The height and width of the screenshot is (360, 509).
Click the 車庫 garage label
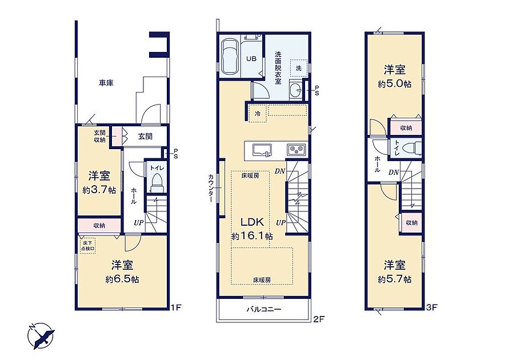106,83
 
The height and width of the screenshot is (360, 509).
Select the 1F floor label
175,307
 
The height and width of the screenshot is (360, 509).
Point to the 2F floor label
319,319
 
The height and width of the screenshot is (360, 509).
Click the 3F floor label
432,307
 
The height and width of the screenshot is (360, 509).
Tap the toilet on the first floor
157,183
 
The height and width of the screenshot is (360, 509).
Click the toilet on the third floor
411,149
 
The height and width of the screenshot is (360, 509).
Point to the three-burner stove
295,150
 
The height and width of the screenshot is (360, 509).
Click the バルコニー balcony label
263,309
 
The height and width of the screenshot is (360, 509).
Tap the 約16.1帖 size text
252,236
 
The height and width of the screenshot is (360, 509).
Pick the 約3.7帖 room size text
99,190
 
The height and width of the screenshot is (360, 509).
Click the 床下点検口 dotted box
87,246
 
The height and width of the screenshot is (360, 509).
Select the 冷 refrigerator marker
258,114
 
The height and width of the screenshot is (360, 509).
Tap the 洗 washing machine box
299,68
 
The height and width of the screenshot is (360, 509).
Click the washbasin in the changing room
296,89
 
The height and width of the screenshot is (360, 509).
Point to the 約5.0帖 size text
395,84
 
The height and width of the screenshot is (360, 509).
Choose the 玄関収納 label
99,137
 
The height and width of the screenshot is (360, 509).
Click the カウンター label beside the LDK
211,188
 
